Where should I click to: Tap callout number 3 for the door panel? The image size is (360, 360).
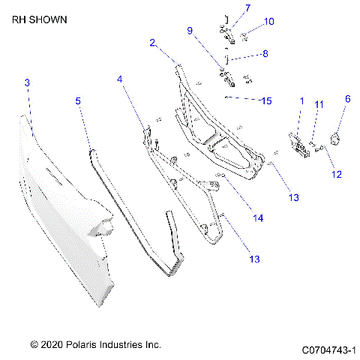tap(27, 82)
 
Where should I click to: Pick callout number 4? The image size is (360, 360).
tap(119, 78)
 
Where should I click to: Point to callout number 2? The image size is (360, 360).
tap(152, 43)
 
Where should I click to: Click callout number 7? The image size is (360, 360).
tap(247, 8)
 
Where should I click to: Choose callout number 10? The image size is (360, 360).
tap(269, 21)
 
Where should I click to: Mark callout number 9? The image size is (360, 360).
tap(190, 31)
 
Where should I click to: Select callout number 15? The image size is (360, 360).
tap(265, 100)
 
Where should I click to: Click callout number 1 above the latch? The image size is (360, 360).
tap(301, 100)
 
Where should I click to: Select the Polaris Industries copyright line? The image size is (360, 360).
tap(95, 345)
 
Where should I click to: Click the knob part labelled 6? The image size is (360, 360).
tap(337, 136)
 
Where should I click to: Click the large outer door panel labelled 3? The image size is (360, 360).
tap(64, 202)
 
